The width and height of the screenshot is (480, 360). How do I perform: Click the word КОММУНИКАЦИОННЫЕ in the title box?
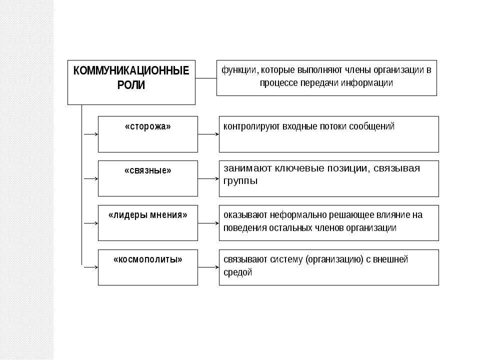pos(131,71)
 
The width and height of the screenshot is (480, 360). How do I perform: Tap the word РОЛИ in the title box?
pos(131,85)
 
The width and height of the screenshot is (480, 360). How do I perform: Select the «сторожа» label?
pos(147,126)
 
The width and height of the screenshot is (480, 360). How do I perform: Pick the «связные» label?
pos(147,171)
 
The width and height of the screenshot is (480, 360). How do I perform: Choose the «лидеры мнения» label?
pos(147,215)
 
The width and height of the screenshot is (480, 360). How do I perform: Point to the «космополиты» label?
pos(147,259)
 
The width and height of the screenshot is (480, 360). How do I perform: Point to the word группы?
pos(240,181)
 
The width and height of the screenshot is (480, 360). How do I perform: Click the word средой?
pos(238,272)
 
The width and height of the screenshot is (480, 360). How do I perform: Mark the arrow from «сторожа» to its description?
pos(208,134)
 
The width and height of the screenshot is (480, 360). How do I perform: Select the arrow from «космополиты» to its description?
pos(208,267)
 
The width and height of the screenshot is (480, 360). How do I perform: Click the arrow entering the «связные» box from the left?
pos(89,178)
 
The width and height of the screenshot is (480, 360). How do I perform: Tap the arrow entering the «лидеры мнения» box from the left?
pos(89,223)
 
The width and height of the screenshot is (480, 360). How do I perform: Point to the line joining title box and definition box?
pos(205,78)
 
